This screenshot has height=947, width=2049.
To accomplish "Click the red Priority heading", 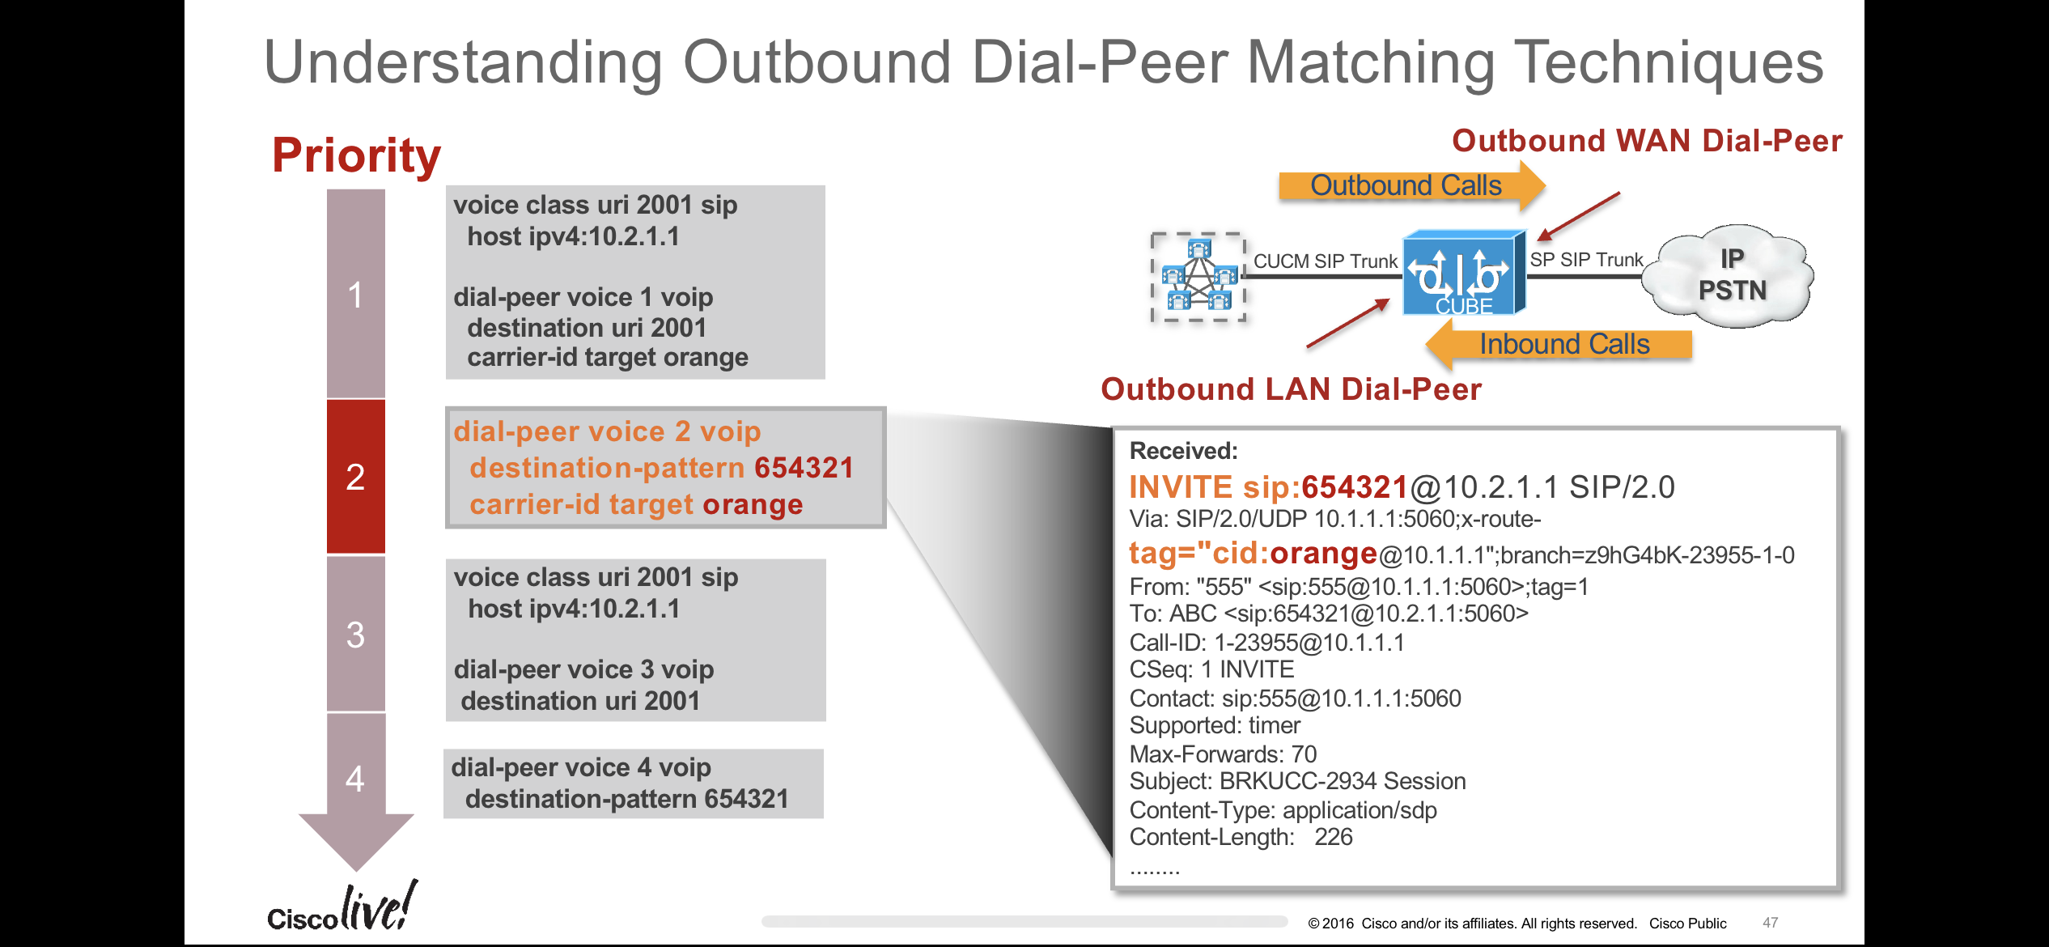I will pyautogui.click(x=356, y=155).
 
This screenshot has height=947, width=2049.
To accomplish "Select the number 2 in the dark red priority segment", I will pyautogui.click(x=355, y=477).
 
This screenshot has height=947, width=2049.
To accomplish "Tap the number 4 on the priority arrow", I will pyautogui.click(x=355, y=779).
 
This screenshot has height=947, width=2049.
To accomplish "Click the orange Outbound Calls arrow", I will pyautogui.click(x=1406, y=185).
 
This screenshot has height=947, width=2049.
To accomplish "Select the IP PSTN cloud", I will pyautogui.click(x=1732, y=275).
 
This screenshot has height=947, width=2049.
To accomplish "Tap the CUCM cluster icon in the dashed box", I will pyautogui.click(x=1198, y=277).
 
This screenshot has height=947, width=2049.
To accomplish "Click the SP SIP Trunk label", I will pyautogui.click(x=1586, y=260).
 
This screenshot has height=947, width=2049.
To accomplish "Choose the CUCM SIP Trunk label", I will pyautogui.click(x=1326, y=261).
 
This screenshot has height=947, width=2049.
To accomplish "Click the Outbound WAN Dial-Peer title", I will pyautogui.click(x=1647, y=141).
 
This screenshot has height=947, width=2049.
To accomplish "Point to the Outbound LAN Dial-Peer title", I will pyautogui.click(x=1291, y=389).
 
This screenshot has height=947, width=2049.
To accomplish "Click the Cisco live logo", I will pyautogui.click(x=343, y=909).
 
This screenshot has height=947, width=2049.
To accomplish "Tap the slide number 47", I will pyautogui.click(x=1770, y=923).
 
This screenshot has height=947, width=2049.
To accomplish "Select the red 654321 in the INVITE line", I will pyautogui.click(x=1355, y=487).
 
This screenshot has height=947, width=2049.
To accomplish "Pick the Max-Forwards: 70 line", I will pyautogui.click(x=1223, y=754).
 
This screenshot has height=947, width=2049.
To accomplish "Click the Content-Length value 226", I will pyautogui.click(x=1333, y=837).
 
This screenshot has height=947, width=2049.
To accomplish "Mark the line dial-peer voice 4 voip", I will pyautogui.click(x=581, y=767).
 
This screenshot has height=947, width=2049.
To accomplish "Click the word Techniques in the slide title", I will pyautogui.click(x=1669, y=62).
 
